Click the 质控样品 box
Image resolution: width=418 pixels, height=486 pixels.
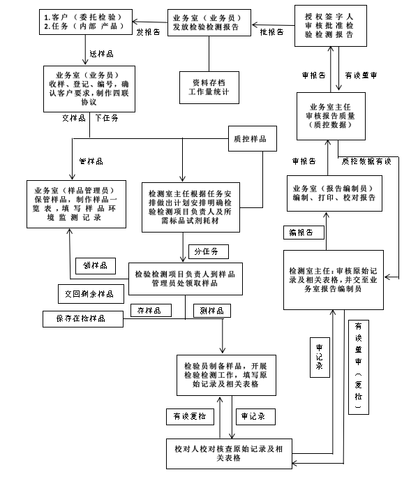[252, 138]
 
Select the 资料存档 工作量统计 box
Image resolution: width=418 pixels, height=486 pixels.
[209, 87]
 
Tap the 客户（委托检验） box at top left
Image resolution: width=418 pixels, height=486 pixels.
[86, 22]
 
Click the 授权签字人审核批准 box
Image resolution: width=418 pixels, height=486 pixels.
[331, 26]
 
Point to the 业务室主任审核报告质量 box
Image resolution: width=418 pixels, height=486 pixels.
[331, 116]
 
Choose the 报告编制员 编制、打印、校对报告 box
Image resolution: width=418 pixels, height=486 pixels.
[334, 193]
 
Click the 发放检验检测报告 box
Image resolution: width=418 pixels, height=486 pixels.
[209, 22]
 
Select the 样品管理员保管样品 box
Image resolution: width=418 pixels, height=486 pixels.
[76, 204]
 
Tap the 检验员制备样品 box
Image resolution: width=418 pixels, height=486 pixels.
[226, 375]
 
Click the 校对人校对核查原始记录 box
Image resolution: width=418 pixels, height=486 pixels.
[229, 453]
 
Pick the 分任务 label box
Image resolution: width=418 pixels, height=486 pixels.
[209, 251]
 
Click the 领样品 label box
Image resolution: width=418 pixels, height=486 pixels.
[96, 265]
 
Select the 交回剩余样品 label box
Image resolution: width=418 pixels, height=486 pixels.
[91, 294]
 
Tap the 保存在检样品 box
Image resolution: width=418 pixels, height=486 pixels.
[83, 319]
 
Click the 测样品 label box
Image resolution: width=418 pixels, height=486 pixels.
[212, 311]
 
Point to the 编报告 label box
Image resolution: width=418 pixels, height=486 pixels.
[304, 233]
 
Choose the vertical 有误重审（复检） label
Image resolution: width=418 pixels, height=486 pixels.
[359, 367]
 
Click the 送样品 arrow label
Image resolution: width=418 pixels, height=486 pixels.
[102, 54]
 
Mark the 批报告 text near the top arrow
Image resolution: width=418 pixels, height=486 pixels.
[271, 32]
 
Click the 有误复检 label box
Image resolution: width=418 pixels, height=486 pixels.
[190, 417]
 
